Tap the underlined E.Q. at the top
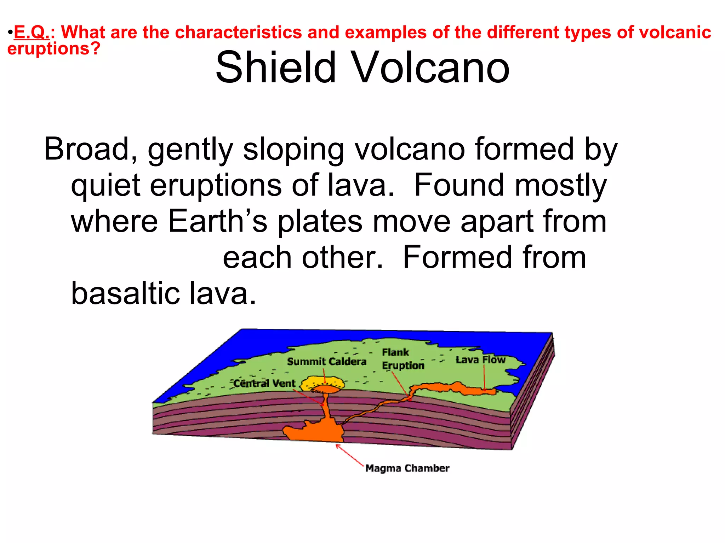pos(31,33)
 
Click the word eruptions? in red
pos(54,48)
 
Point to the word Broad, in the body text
pos(91,149)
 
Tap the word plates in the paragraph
pos(320,222)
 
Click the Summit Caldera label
pos(326,362)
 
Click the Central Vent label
pos(264,383)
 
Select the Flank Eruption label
pos(403,359)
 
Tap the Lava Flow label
pos(480,360)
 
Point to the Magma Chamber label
pos(407,468)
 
